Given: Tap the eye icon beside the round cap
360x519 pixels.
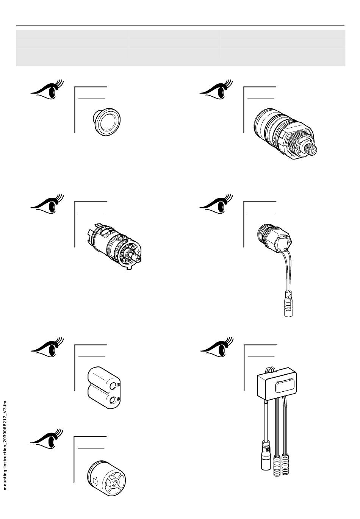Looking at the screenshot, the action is pos(47,90).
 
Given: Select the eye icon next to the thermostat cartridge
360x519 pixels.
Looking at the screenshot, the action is pos(216,90).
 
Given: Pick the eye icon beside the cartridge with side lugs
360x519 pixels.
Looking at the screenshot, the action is pos(47,205).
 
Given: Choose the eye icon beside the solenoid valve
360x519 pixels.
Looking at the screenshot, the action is pos(216,205).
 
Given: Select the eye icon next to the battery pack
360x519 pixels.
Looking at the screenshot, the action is pos(47,347).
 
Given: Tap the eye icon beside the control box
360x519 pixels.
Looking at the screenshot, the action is pos(216,347).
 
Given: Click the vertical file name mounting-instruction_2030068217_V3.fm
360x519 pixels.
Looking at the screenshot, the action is pos(5,446).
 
